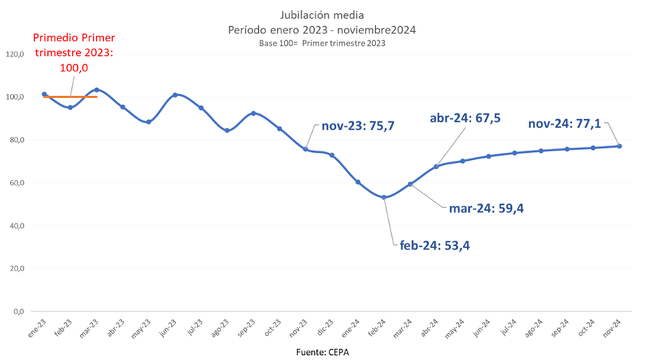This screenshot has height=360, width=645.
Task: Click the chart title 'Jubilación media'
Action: (322, 15)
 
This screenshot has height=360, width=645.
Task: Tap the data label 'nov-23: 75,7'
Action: (352, 125)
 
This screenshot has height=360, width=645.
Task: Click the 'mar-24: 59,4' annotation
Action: (486, 209)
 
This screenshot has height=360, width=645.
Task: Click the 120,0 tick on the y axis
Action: (15, 55)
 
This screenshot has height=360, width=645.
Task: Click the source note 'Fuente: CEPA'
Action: (322, 352)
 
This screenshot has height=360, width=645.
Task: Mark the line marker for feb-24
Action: (384, 197)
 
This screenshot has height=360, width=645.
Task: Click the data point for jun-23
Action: (175, 95)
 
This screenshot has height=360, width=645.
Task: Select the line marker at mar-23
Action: (97, 90)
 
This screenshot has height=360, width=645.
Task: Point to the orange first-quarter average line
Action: (80, 97)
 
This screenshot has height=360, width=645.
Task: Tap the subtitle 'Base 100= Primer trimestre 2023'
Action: (321, 43)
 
